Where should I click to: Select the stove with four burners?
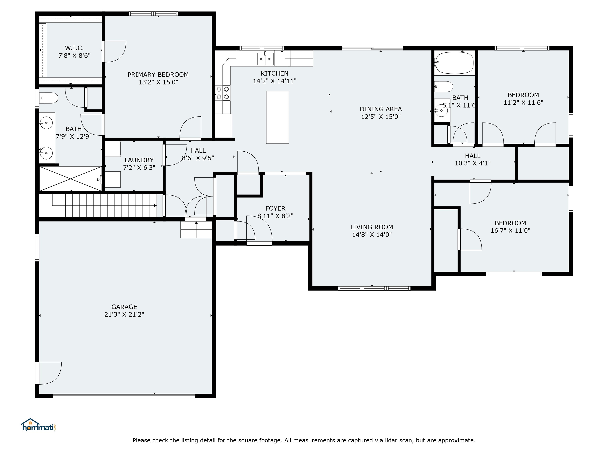pos(223,93)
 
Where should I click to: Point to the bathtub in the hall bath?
pos(454,63)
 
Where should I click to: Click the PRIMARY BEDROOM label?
pos(158,74)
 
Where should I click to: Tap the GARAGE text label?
pos(124,307)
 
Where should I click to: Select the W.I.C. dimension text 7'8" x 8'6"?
pos(74,56)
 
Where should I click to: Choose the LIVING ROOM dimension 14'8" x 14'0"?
pos(372,235)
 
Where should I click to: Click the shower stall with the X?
pos(71,179)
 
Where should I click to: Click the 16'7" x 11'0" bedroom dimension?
pos(510,230)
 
